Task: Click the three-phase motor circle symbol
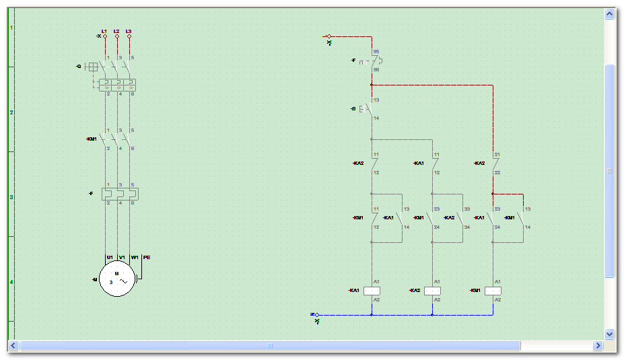tap(118, 278)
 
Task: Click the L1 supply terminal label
tap(104, 31)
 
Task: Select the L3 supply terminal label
tap(129, 31)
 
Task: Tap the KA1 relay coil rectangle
tap(372, 291)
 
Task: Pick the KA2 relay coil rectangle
tap(432, 291)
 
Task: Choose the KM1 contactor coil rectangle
tap(493, 291)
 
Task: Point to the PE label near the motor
tap(147, 257)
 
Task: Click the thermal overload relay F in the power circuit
tap(118, 194)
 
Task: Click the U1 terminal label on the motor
tap(109, 257)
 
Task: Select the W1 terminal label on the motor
tap(135, 257)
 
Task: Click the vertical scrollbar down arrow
tap(610, 333)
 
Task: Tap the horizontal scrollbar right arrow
tap(597, 345)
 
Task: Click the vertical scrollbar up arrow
tap(610, 13)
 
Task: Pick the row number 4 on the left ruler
tap(11, 281)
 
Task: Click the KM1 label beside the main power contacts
tap(92, 139)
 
